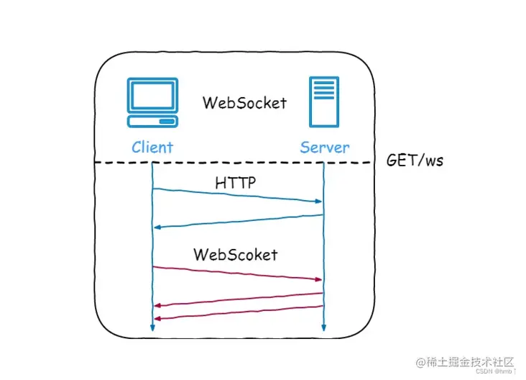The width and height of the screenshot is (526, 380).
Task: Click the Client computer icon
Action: coord(152,105)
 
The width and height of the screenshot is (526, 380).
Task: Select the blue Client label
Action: coord(152,148)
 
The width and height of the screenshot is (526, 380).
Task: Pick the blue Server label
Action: coord(325,148)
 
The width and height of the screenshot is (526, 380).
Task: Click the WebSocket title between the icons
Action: coord(244,102)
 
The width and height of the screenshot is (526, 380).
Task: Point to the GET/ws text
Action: coord(415,160)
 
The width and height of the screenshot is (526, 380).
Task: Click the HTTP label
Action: coord(236,184)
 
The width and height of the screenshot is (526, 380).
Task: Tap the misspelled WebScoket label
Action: coord(235,254)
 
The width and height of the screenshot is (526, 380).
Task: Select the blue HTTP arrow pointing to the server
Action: coord(237,196)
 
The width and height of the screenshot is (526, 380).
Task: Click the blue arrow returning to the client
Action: coord(237,222)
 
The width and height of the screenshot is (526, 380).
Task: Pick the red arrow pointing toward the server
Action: coord(237,273)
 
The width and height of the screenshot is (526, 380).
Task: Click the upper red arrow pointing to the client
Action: coord(237,299)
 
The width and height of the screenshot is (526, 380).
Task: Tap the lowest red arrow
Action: coord(237,312)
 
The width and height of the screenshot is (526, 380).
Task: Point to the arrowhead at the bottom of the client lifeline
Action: coord(153,327)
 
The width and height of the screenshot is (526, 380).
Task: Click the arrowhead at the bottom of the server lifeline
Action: coord(323,327)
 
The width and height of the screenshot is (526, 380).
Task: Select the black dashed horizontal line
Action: coord(237,162)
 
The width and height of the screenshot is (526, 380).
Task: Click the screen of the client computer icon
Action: coord(152,96)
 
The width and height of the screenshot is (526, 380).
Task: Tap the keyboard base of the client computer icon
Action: coord(152,121)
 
